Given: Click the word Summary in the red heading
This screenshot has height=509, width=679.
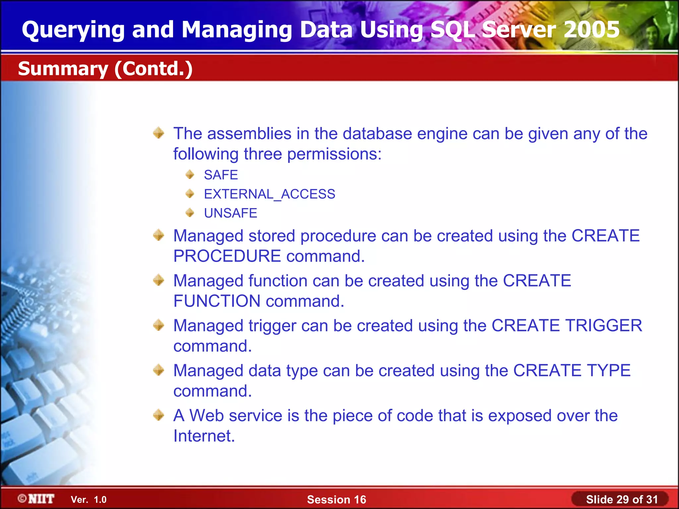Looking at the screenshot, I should pyautogui.click(x=63, y=69).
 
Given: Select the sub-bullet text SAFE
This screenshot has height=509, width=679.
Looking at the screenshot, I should pyautogui.click(x=221, y=175).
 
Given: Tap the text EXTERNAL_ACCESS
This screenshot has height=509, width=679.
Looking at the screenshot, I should pyautogui.click(x=270, y=194).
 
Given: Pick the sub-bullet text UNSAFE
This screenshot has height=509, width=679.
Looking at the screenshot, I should pyautogui.click(x=230, y=213).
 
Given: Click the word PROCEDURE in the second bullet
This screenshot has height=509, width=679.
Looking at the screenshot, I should pyautogui.click(x=227, y=256).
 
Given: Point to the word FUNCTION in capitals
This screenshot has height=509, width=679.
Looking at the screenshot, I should pyautogui.click(x=217, y=301).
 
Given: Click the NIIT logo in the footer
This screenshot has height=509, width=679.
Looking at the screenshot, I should pyautogui.click(x=36, y=499).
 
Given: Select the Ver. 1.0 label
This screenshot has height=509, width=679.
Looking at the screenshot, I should pyautogui.click(x=89, y=500).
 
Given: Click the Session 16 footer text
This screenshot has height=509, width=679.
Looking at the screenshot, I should pyautogui.click(x=337, y=499).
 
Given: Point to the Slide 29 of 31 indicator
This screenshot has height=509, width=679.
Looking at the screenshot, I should pyautogui.click(x=622, y=499).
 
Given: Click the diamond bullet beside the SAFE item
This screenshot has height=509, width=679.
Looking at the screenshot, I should pyautogui.click(x=190, y=174).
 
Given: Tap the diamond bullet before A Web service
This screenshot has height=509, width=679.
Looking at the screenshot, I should pyautogui.click(x=159, y=415).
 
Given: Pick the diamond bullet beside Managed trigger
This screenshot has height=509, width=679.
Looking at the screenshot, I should pyautogui.click(x=159, y=325).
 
